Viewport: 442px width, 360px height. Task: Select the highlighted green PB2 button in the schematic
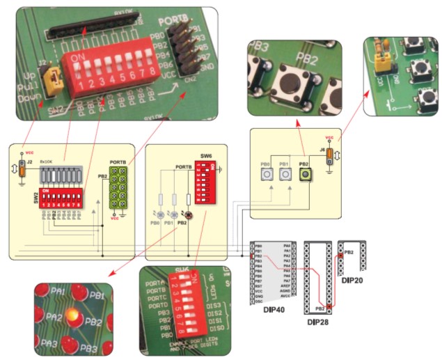(x=305, y=174)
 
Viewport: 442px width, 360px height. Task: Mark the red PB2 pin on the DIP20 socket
(x=342, y=256)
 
